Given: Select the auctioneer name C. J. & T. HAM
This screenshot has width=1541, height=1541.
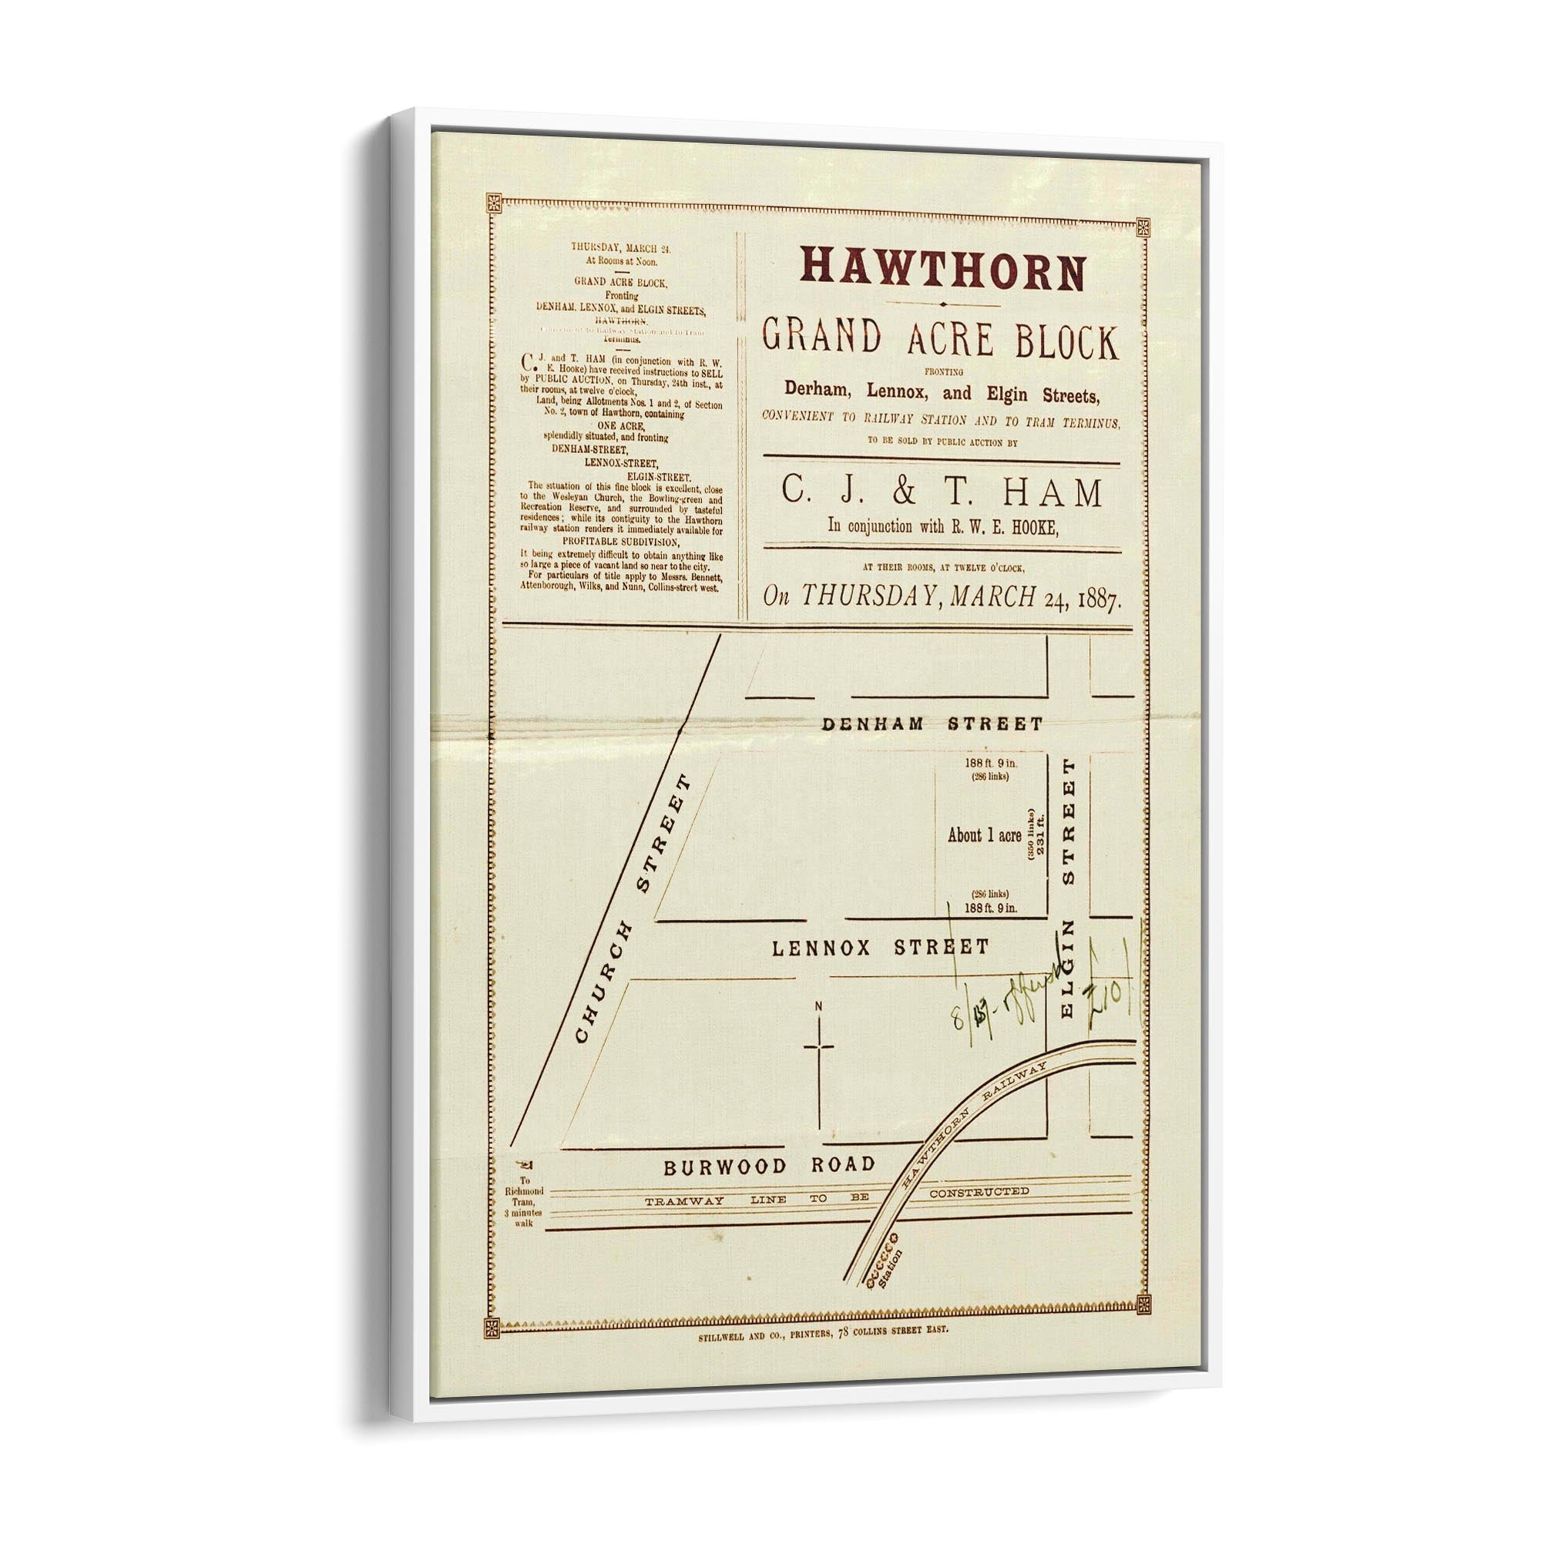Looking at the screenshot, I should tap(942, 493).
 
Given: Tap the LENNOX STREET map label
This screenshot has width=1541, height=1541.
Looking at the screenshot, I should tap(881, 948).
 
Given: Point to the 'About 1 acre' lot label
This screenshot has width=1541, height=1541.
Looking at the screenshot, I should tap(983, 836).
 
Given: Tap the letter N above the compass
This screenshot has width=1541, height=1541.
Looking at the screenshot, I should tap(818, 1007).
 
